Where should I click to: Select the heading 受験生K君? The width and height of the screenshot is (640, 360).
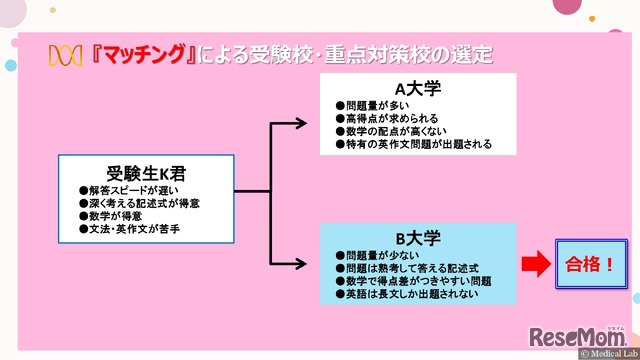point(146,171)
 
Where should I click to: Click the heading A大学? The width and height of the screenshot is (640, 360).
point(418,88)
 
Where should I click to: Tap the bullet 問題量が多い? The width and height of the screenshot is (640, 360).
point(376,105)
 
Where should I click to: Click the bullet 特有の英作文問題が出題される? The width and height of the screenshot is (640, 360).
point(414,145)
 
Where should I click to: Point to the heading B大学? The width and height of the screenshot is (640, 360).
point(418,239)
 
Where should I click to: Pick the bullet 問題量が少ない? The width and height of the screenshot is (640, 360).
point(376,256)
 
